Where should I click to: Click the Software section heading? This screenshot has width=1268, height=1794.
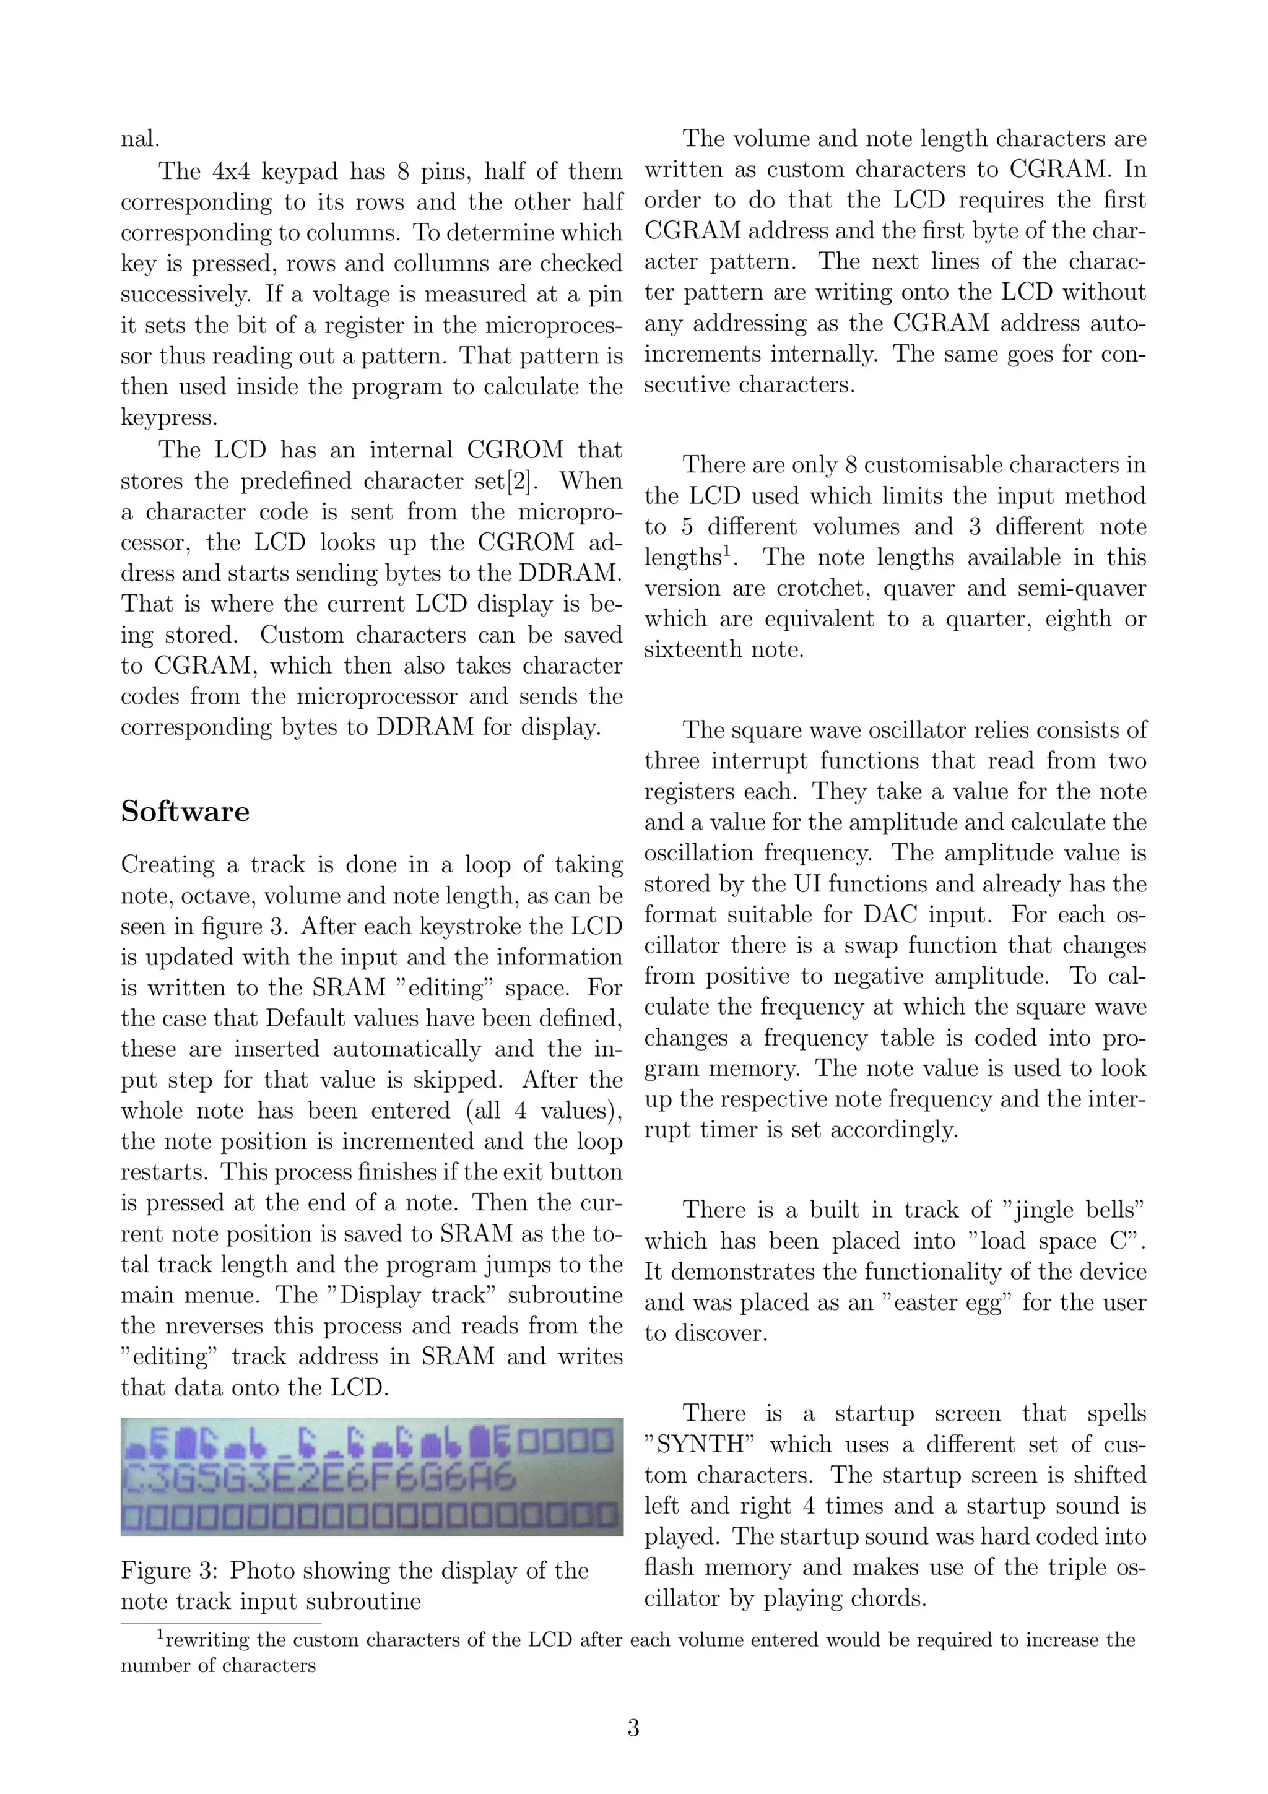[x=185, y=811]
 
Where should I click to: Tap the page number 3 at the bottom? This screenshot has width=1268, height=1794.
[x=633, y=1728]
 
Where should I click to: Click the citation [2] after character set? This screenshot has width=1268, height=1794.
[x=517, y=480]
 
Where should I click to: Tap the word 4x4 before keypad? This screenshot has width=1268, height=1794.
[x=232, y=171]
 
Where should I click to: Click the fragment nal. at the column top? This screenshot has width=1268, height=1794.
[x=141, y=139]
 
